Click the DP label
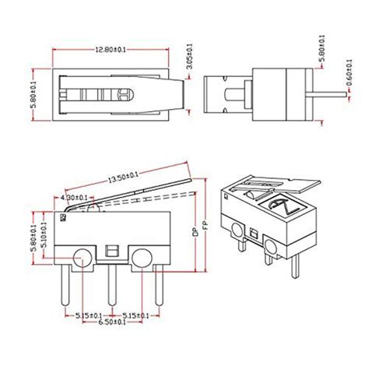pos(194,231)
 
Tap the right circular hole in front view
pos(141,256)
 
